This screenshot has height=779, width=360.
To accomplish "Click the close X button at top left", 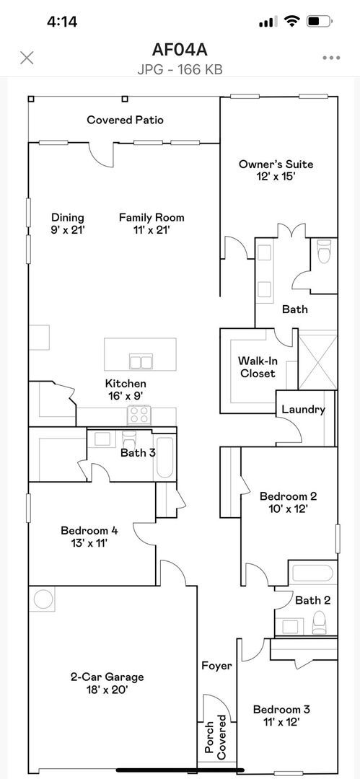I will click(27, 58).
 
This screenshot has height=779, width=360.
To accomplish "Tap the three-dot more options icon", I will click(331, 58).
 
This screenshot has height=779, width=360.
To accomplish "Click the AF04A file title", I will click(180, 50).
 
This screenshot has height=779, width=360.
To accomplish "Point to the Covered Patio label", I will click(125, 120).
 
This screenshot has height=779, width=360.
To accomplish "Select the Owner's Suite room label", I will click(276, 164).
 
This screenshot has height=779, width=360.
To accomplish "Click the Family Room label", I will click(152, 217).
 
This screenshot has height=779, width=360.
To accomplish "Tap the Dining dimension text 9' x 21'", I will click(68, 230).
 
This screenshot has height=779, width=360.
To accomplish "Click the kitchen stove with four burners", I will click(139, 415).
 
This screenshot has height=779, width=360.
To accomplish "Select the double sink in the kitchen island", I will click(141, 361).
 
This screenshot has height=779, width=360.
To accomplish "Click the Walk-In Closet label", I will click(258, 367).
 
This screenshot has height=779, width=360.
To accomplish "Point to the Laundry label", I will click(303, 410).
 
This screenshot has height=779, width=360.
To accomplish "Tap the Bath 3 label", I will click(138, 453).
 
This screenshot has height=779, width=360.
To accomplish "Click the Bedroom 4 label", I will click(89, 531).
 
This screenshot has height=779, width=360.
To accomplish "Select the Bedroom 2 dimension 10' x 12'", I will click(288, 509).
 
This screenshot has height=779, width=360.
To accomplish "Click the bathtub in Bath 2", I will click(312, 575).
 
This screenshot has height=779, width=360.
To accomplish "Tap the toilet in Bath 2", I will click(320, 622).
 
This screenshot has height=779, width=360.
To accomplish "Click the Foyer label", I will click(216, 666).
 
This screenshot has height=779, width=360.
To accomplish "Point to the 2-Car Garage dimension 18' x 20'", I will click(107, 690).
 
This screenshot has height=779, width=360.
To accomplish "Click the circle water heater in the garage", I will click(43, 599).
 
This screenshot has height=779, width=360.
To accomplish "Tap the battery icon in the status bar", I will click(317, 22).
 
